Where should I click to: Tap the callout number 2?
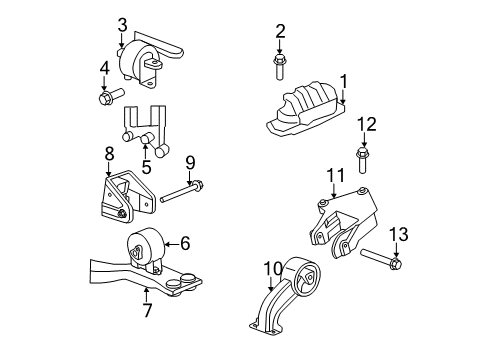[x=280, y=31]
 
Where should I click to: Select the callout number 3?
[x=121, y=25]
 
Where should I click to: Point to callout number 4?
[x=103, y=69]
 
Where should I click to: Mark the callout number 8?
[x=109, y=153]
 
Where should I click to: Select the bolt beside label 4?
[x=110, y=98]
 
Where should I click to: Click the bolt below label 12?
[x=364, y=161]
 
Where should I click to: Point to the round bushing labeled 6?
[x=146, y=249]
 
